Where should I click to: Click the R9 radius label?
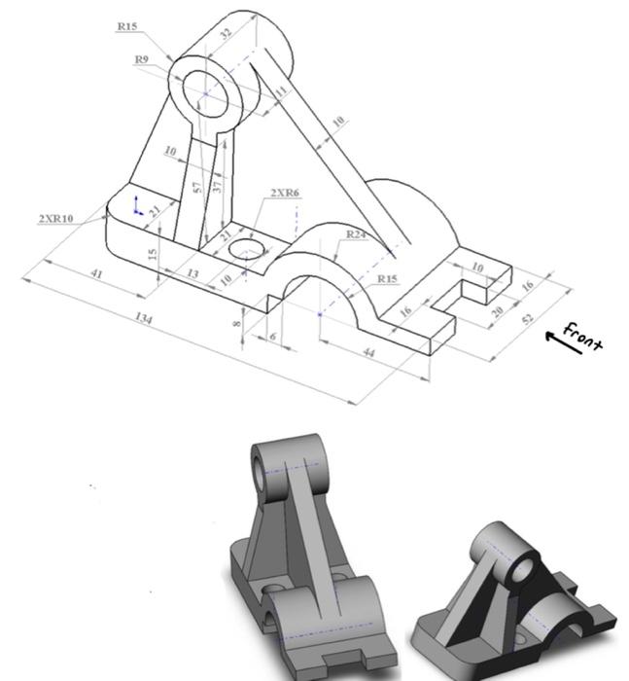[x=142, y=60]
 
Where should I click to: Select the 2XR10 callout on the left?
[x=55, y=219]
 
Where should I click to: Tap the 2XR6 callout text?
[x=285, y=193]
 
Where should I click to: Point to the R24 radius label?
[x=357, y=234]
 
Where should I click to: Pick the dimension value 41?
[x=96, y=274]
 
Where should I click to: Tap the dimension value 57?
[x=197, y=188]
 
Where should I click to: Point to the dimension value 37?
[x=218, y=183]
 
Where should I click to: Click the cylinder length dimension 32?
[x=226, y=32]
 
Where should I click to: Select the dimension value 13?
[x=192, y=274]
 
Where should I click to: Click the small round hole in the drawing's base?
[x=245, y=252]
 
